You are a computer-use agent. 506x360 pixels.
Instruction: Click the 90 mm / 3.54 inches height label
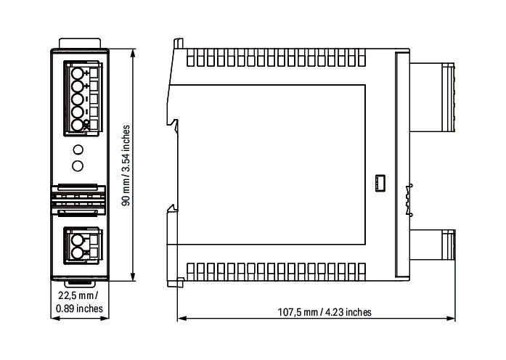click(126, 165)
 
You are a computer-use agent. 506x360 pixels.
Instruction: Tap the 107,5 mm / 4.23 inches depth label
click(325, 312)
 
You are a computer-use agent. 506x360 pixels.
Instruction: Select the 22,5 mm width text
click(78, 295)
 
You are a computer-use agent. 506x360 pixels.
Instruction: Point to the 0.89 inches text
click(79, 308)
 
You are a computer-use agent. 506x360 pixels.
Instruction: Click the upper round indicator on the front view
click(78, 150)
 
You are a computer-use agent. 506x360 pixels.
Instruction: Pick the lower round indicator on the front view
click(78, 165)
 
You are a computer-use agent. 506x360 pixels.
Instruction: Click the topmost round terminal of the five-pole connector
click(78, 73)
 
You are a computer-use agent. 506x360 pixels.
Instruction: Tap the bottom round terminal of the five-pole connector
click(78, 125)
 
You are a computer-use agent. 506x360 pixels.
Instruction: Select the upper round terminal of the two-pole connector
click(78, 240)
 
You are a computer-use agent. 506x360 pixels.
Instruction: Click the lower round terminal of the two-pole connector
click(78, 253)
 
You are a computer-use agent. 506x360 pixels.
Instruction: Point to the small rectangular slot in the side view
click(380, 184)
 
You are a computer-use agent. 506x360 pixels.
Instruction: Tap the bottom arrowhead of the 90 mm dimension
click(133, 277)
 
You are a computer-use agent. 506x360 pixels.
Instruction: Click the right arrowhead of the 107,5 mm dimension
click(451, 319)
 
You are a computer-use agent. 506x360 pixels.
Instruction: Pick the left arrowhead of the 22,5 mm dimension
click(55, 318)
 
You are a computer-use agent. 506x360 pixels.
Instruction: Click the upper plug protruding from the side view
click(432, 97)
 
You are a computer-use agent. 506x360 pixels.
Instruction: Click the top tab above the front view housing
click(80, 44)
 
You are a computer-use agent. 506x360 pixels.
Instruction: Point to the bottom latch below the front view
click(80, 284)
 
